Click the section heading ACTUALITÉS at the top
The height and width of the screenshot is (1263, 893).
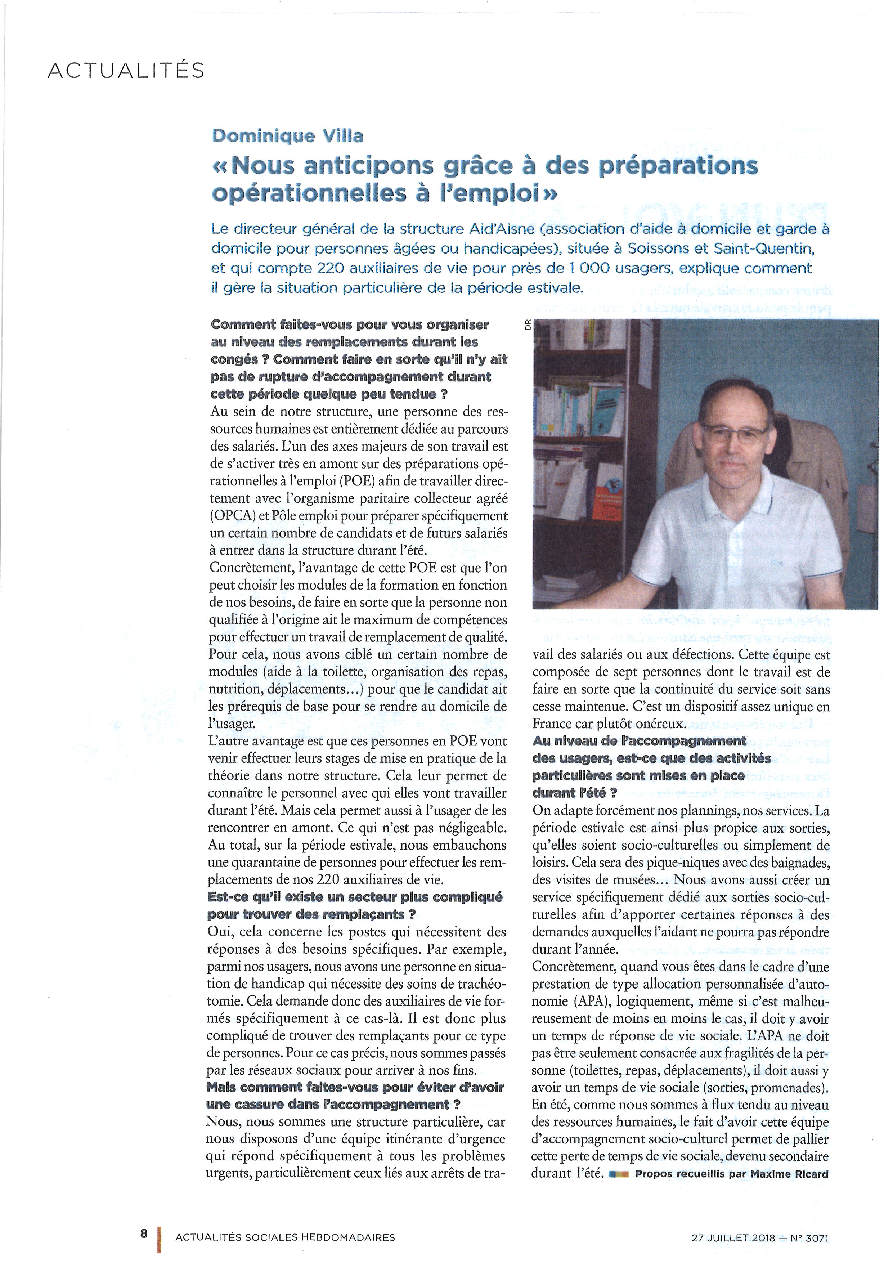pyautogui.click(x=126, y=71)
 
